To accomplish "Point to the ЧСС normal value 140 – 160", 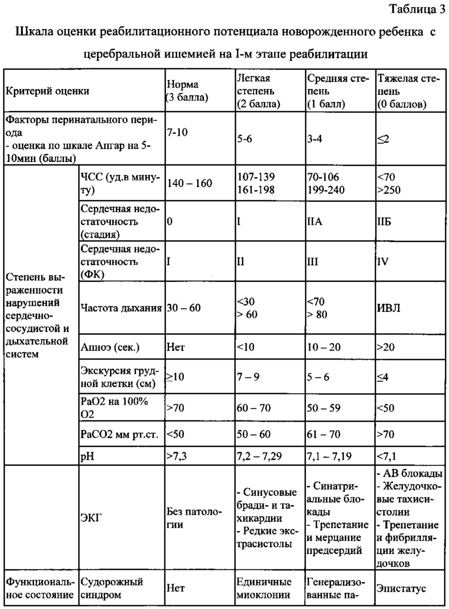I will [189, 183].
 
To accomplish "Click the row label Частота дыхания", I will [121, 308].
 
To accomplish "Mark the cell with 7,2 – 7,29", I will [259, 456].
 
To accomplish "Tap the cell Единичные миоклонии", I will [264, 589].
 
